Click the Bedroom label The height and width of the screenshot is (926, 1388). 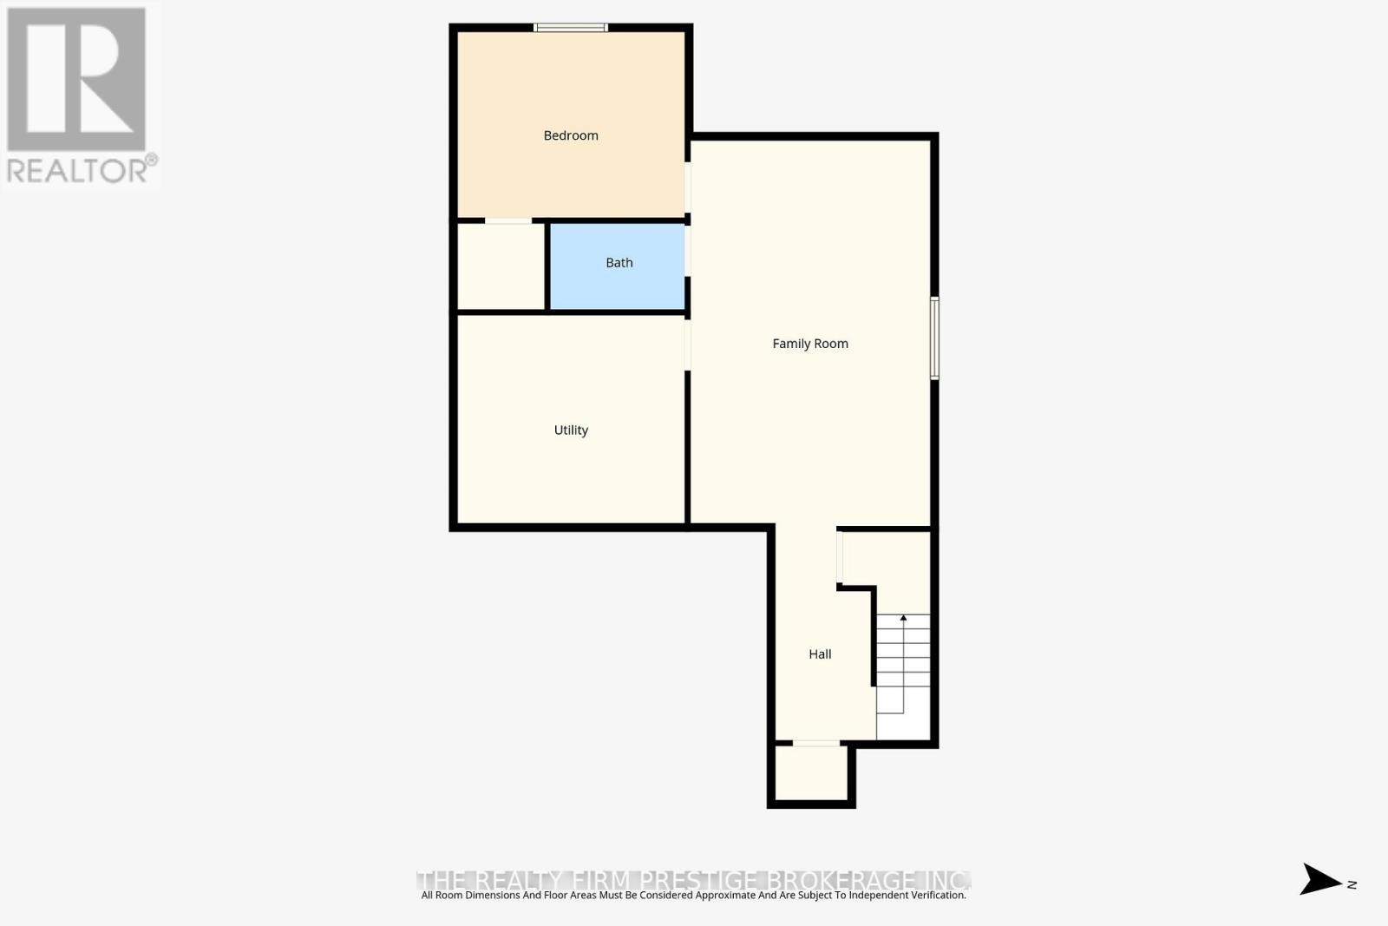(571, 135)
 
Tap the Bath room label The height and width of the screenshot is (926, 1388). (619, 263)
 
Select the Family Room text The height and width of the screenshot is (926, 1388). (810, 344)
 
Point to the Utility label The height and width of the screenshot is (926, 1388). (571, 430)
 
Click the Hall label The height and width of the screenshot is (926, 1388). (820, 654)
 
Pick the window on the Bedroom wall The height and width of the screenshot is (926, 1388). (570, 28)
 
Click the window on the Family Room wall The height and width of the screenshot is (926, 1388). (934, 338)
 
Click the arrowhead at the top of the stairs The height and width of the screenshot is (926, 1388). (903, 618)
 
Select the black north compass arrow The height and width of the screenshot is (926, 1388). (1319, 879)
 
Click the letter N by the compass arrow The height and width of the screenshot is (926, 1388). (1352, 884)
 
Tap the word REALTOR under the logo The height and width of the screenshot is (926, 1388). (78, 170)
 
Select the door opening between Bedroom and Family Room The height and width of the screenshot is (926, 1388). (688, 187)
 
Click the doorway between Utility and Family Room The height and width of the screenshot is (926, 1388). (688, 345)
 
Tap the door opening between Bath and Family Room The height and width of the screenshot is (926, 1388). (688, 251)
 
